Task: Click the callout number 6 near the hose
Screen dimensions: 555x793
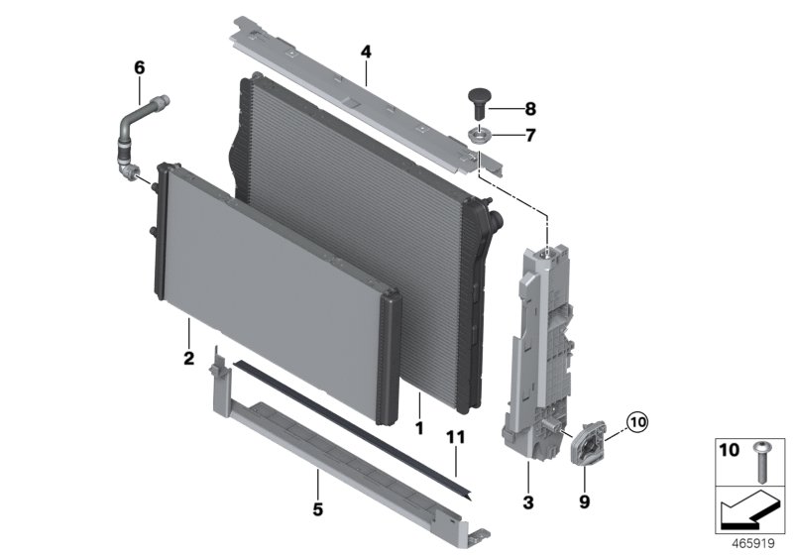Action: [139, 67]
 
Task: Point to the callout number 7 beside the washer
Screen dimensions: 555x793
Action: [529, 135]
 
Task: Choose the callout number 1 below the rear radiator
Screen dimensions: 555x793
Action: [419, 428]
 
